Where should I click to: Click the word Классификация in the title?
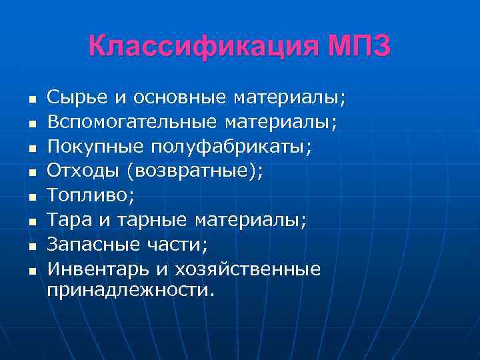(203, 47)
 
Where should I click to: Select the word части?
(178, 245)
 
